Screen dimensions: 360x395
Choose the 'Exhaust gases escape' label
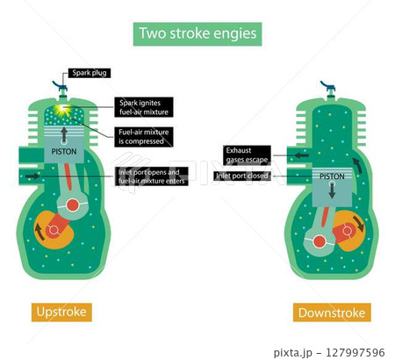tap(247, 155)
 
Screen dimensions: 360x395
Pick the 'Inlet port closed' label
tap(243, 176)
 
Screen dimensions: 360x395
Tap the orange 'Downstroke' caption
tap(332, 313)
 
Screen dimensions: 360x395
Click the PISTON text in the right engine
tap(332, 176)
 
